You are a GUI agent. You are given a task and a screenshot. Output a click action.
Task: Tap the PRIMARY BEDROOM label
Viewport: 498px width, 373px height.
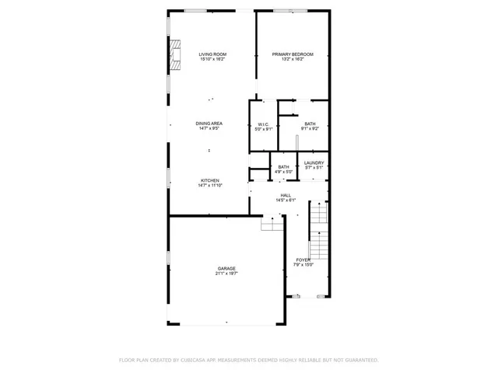coord(293,54)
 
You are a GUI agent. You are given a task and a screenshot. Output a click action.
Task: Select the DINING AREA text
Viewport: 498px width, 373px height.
coord(210,124)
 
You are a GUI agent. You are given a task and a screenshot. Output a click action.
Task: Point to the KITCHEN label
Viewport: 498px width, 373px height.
coord(210,180)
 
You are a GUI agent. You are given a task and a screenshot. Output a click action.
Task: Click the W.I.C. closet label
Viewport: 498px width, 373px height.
coord(263,124)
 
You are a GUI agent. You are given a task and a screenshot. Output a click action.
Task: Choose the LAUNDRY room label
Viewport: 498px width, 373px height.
coord(314,162)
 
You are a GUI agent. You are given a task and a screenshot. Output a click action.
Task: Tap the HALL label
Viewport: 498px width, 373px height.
coord(286,195)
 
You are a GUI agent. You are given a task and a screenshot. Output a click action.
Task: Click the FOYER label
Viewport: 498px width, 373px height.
coord(303,260)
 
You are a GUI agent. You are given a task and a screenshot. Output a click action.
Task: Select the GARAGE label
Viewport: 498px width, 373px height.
coord(226,268)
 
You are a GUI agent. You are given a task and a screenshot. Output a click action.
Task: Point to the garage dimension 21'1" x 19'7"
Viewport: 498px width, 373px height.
coord(226,274)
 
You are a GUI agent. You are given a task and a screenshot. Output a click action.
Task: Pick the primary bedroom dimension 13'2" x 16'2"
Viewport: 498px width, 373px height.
coord(293,60)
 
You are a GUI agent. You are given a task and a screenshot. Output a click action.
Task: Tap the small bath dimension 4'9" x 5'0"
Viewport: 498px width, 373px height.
coord(284,172)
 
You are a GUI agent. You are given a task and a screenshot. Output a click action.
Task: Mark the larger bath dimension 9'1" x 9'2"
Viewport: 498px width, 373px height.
coord(310,129)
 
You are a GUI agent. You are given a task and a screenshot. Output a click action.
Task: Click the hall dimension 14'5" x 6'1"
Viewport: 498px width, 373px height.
coord(286,200)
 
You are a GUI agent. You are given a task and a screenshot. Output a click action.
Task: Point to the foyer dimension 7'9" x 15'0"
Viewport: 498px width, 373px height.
coord(303,265)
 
